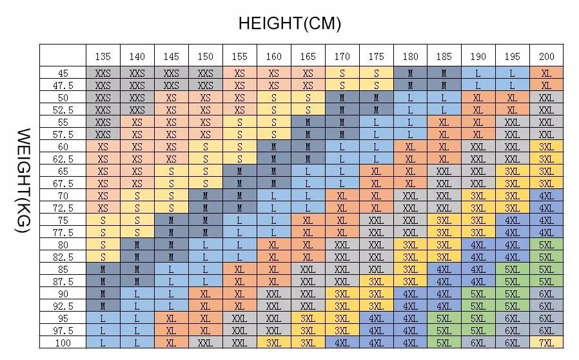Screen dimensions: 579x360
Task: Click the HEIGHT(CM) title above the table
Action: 289,23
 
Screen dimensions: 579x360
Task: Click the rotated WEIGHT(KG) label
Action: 23,181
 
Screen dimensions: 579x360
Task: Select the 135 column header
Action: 103,56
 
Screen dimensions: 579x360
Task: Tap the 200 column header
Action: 547,56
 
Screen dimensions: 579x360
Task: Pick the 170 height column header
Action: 342,56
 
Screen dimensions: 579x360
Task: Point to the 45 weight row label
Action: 63,73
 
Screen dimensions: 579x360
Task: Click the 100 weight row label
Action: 63,343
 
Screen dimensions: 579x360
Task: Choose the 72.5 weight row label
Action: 63,208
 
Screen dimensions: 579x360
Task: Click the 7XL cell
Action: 547,343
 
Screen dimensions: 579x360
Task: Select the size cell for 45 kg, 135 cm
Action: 103,73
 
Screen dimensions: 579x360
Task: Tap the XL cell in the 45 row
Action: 547,73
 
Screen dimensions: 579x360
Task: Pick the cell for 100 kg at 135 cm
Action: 103,343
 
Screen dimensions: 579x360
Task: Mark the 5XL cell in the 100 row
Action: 444,343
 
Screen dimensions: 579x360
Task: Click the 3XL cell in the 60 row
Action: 547,146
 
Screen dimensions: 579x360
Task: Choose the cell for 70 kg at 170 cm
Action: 342,196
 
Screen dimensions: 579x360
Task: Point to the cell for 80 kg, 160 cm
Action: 273,245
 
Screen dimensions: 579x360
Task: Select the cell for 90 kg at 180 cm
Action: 410,294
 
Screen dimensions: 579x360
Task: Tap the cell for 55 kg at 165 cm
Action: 308,123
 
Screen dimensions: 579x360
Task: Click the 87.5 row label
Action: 63,282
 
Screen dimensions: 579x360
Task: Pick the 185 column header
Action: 444,56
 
